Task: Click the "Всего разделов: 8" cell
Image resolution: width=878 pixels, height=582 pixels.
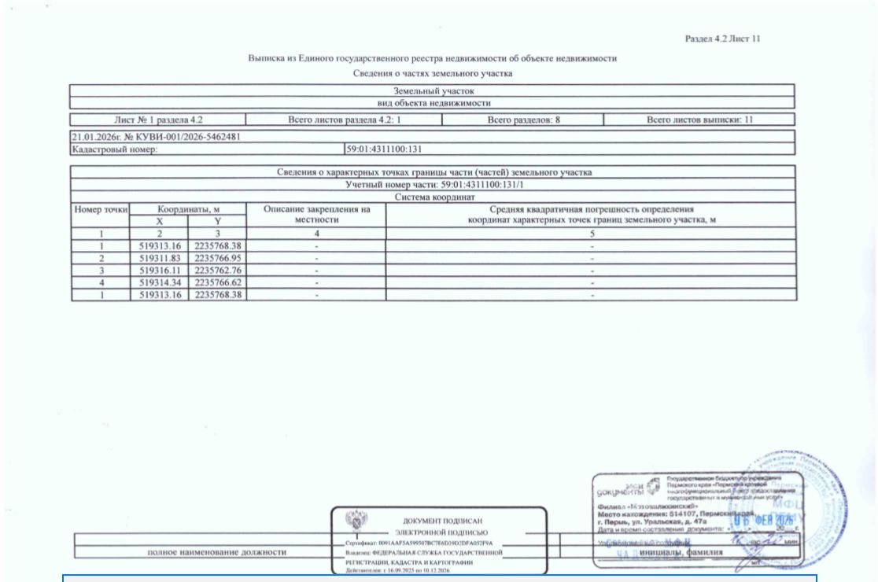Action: [x=522, y=120]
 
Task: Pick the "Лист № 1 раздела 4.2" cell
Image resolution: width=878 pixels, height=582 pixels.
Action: [x=157, y=120]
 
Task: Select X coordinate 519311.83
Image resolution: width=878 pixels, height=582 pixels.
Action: [x=159, y=258]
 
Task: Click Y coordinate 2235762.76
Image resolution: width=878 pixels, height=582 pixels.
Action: [x=218, y=270]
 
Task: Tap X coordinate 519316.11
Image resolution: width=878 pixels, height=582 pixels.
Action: [x=159, y=270]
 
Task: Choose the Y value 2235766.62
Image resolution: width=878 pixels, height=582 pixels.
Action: [x=218, y=282]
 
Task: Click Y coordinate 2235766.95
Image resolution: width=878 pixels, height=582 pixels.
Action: [x=218, y=258]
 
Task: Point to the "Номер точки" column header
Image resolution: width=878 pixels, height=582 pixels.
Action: [x=100, y=210]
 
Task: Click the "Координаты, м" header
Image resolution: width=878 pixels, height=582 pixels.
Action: [x=188, y=210]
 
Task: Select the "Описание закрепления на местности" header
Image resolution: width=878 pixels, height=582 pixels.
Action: [x=316, y=215]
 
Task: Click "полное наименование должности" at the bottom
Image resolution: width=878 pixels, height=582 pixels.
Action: [x=216, y=552]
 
